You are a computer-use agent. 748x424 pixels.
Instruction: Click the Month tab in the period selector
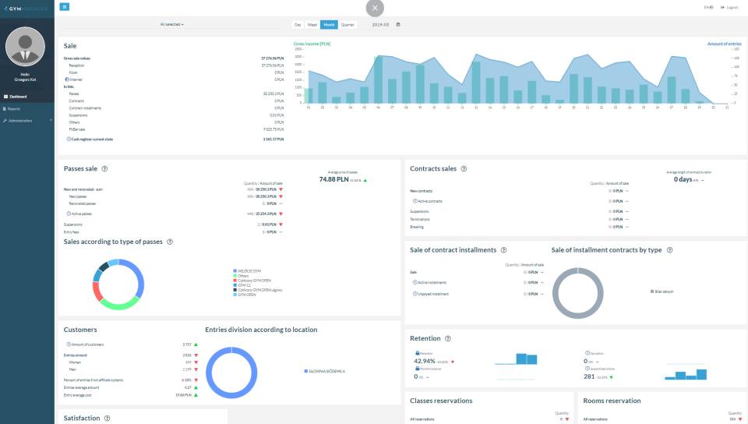[330, 25]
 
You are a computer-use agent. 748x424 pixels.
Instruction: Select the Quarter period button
[348, 25]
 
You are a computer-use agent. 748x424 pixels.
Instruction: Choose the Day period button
[298, 25]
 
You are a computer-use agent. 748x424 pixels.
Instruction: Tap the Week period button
[312, 25]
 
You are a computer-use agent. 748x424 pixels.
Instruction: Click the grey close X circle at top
[375, 8]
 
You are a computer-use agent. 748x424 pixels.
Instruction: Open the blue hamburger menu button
[65, 7]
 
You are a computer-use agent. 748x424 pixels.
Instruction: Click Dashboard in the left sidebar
[18, 97]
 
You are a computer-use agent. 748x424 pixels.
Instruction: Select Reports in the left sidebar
[14, 108]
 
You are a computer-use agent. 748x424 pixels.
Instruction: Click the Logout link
[730, 7]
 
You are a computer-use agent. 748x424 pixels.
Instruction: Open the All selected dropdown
[171, 25]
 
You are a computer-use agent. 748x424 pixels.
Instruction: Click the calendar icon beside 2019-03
[398, 25]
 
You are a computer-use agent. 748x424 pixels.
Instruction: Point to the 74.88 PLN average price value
[333, 179]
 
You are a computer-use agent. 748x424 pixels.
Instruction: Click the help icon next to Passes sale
[104, 168]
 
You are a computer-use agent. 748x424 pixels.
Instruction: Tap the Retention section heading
[425, 338]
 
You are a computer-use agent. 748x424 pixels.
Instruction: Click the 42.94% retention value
[425, 362]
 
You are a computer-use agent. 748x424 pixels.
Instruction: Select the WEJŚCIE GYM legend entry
[249, 270]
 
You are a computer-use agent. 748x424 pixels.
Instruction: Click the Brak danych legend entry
[665, 290]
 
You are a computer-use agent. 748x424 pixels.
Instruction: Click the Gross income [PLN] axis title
[313, 44]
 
